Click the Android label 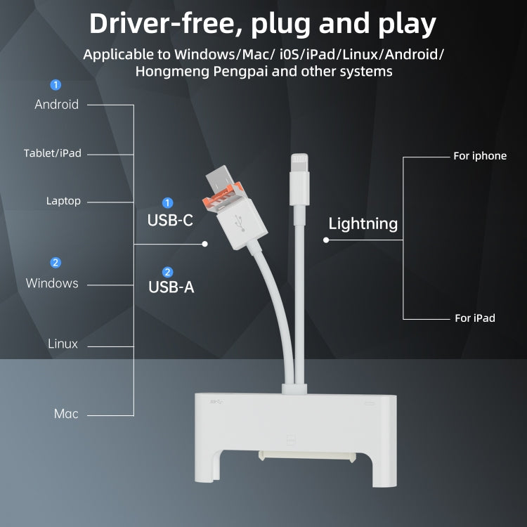56,105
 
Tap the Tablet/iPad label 53,153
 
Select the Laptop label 63,201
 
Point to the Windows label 52,283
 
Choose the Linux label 63,344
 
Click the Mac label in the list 66,414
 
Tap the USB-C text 170,221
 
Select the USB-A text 171,287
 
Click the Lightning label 363,224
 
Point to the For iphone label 480,156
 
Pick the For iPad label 475,318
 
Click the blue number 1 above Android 56,85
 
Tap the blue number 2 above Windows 56,263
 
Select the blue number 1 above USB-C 167,202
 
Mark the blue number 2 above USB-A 167,272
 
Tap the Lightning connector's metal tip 299,162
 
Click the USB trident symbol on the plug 240,223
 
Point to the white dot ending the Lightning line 326,240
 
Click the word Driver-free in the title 166,23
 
